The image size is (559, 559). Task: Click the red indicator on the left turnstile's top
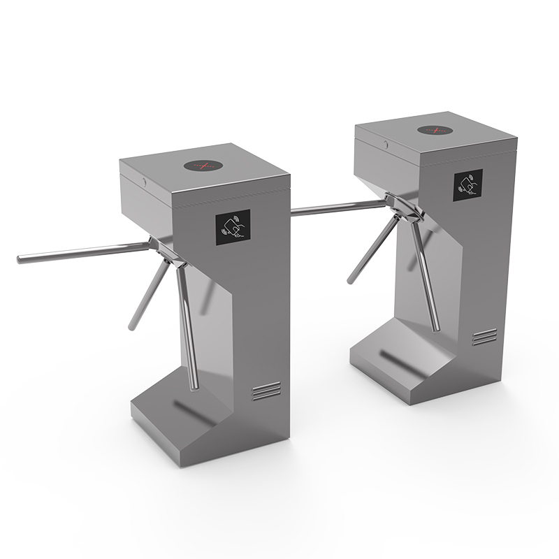click(203, 166)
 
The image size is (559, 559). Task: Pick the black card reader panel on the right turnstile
click(467, 184)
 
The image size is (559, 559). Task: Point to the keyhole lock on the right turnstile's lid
click(385, 144)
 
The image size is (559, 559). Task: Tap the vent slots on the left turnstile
click(266, 391)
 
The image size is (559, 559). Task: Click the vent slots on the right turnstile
click(484, 337)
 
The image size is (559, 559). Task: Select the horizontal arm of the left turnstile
click(84, 252)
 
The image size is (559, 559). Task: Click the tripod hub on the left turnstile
click(166, 249)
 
